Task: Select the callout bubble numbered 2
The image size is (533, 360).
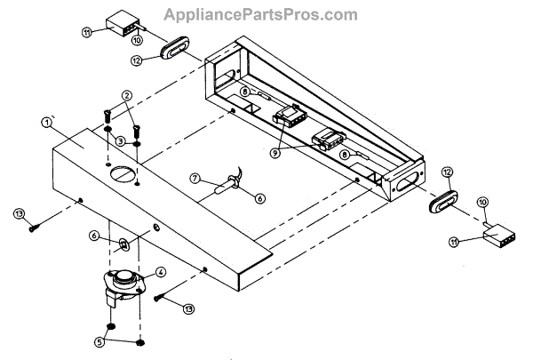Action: click(127, 95)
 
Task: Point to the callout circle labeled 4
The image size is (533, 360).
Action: click(161, 272)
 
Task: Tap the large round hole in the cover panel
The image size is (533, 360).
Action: click(123, 172)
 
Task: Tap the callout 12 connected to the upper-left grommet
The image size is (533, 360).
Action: click(136, 60)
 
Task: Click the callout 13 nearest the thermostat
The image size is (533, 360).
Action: click(187, 308)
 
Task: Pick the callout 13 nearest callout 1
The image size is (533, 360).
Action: click(18, 214)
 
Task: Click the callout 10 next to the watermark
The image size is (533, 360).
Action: click(137, 41)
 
